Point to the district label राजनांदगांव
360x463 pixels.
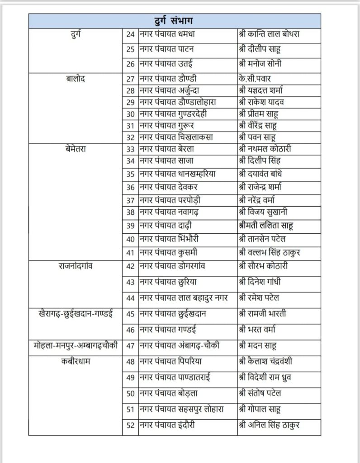coord(76,266)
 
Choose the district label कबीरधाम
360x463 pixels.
coord(76,362)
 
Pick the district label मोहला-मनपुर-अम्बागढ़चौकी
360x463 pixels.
coord(76,346)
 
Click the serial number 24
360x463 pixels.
coord(130,34)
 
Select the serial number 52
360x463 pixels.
coord(130,425)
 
